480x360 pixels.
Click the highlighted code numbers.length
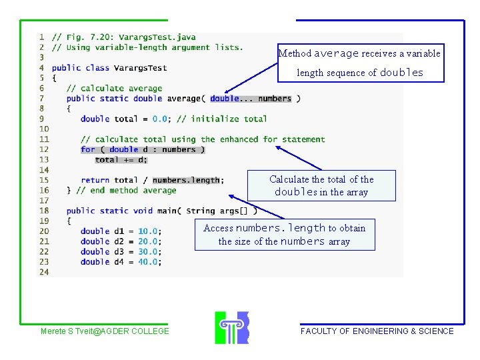click(x=186, y=180)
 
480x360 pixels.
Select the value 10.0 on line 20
click(x=148, y=231)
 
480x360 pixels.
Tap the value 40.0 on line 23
click(x=148, y=262)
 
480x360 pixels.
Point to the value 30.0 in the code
click(x=148, y=252)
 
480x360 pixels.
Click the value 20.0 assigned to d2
click(x=148, y=241)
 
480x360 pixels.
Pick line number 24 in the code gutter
click(x=43, y=272)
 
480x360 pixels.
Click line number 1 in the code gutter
click(x=42, y=37)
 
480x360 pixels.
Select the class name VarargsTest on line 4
click(x=141, y=68)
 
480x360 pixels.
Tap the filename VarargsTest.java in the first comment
click(x=157, y=37)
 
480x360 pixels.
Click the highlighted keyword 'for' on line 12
click(x=87, y=149)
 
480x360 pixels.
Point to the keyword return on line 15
click(x=95, y=180)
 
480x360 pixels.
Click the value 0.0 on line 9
click(x=160, y=119)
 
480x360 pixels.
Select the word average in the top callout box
click(x=337, y=53)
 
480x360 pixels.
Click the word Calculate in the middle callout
click(x=289, y=179)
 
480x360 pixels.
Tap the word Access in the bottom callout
click(x=218, y=228)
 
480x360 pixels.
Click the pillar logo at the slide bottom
click(x=231, y=327)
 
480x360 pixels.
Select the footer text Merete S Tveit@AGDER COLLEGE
click(x=105, y=331)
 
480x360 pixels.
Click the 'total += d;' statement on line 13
click(x=121, y=160)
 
